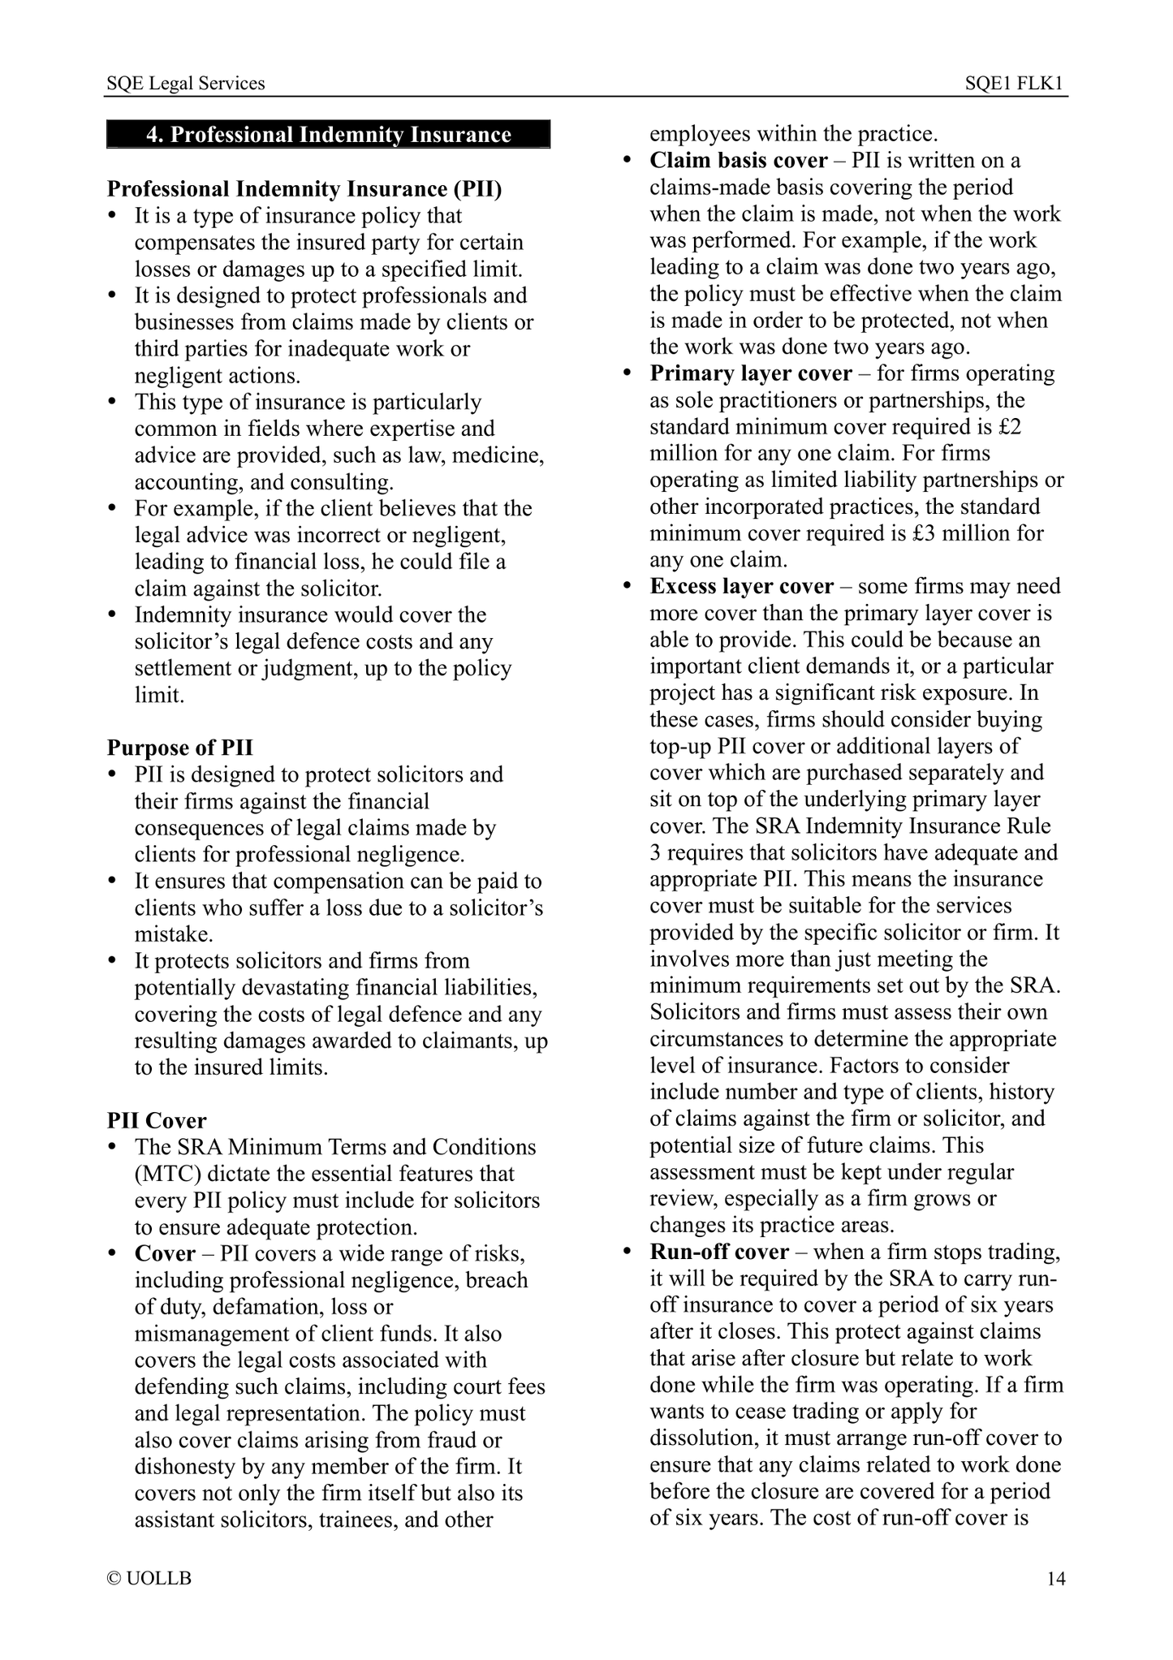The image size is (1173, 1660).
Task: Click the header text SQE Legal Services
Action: (x=186, y=84)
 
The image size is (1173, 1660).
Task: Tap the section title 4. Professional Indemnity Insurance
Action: (x=329, y=135)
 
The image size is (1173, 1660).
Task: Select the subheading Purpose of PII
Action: (x=179, y=748)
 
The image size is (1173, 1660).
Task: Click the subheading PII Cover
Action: (x=157, y=1120)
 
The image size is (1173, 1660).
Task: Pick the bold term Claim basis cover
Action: (x=739, y=161)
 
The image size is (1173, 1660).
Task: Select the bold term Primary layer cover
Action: (x=751, y=373)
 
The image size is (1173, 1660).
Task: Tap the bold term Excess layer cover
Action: (x=741, y=586)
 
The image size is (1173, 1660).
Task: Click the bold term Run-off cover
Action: (x=719, y=1252)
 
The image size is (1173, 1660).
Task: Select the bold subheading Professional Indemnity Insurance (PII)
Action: (x=304, y=189)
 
